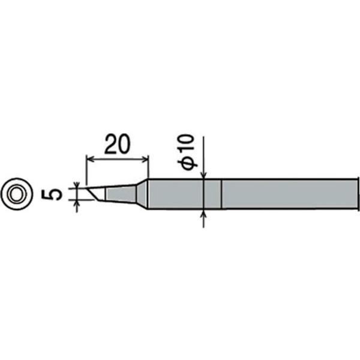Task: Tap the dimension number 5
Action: click(x=52, y=194)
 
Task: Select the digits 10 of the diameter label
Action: click(x=186, y=146)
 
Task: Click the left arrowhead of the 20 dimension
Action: click(x=90, y=159)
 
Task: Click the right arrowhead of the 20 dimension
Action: click(x=145, y=159)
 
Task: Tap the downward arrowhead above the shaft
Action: click(x=205, y=175)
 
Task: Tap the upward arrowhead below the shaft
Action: click(x=205, y=214)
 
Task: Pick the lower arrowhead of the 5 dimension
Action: click(x=77, y=204)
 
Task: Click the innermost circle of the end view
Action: click(x=15, y=194)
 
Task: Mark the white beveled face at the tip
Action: click(x=97, y=193)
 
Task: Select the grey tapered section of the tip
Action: click(x=121, y=193)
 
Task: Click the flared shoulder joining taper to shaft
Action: click(x=142, y=193)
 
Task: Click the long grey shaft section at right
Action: click(x=288, y=194)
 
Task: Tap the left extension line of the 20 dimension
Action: click(x=87, y=171)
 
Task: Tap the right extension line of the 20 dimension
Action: click(x=148, y=168)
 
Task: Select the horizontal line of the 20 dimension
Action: click(x=118, y=159)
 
